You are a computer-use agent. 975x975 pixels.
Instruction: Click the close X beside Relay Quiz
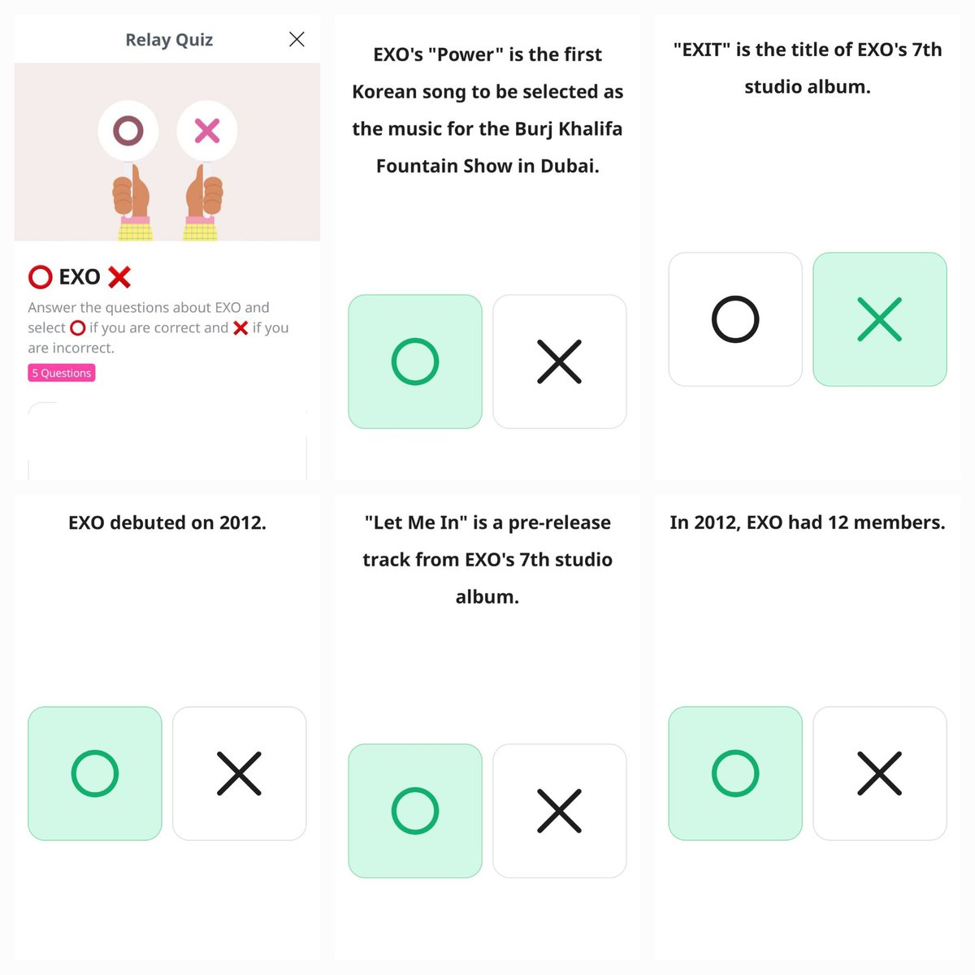pyautogui.click(x=297, y=39)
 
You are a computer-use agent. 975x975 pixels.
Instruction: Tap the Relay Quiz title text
pyautogui.click(x=169, y=40)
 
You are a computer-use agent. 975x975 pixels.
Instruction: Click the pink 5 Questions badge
pyautogui.click(x=62, y=373)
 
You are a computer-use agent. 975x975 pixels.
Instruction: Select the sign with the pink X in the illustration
pyautogui.click(x=207, y=131)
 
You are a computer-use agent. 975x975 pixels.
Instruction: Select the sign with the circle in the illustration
pyautogui.click(x=128, y=131)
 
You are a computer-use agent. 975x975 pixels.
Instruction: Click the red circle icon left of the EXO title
pyautogui.click(x=40, y=277)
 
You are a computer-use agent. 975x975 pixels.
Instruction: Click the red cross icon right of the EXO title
pyautogui.click(x=119, y=277)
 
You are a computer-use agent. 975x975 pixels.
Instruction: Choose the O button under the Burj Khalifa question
pyautogui.click(x=414, y=362)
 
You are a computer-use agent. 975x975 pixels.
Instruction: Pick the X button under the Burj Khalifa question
pyautogui.click(x=559, y=362)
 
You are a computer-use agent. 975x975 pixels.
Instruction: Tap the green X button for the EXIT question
pyautogui.click(x=879, y=319)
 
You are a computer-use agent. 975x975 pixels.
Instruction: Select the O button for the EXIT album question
pyautogui.click(x=734, y=319)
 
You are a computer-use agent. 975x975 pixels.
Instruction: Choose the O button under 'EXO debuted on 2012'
pyautogui.click(x=94, y=773)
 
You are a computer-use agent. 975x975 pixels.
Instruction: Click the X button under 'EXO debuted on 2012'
pyautogui.click(x=239, y=773)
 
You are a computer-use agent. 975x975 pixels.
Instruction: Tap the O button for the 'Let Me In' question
pyautogui.click(x=414, y=811)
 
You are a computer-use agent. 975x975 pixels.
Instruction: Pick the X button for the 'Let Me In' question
pyautogui.click(x=559, y=811)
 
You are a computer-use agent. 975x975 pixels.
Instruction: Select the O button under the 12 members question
pyautogui.click(x=734, y=773)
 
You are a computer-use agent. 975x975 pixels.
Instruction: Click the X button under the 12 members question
pyautogui.click(x=879, y=773)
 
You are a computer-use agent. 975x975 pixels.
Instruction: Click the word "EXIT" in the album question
pyautogui.click(x=702, y=50)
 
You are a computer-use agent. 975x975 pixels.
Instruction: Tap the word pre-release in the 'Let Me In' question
pyautogui.click(x=559, y=522)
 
